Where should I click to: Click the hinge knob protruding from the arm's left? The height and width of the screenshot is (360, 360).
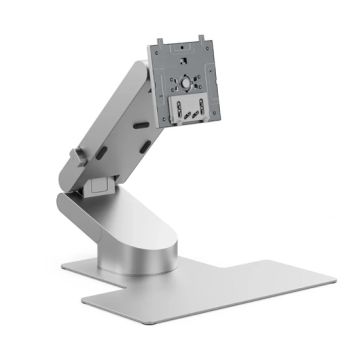pyautogui.click(x=75, y=157)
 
